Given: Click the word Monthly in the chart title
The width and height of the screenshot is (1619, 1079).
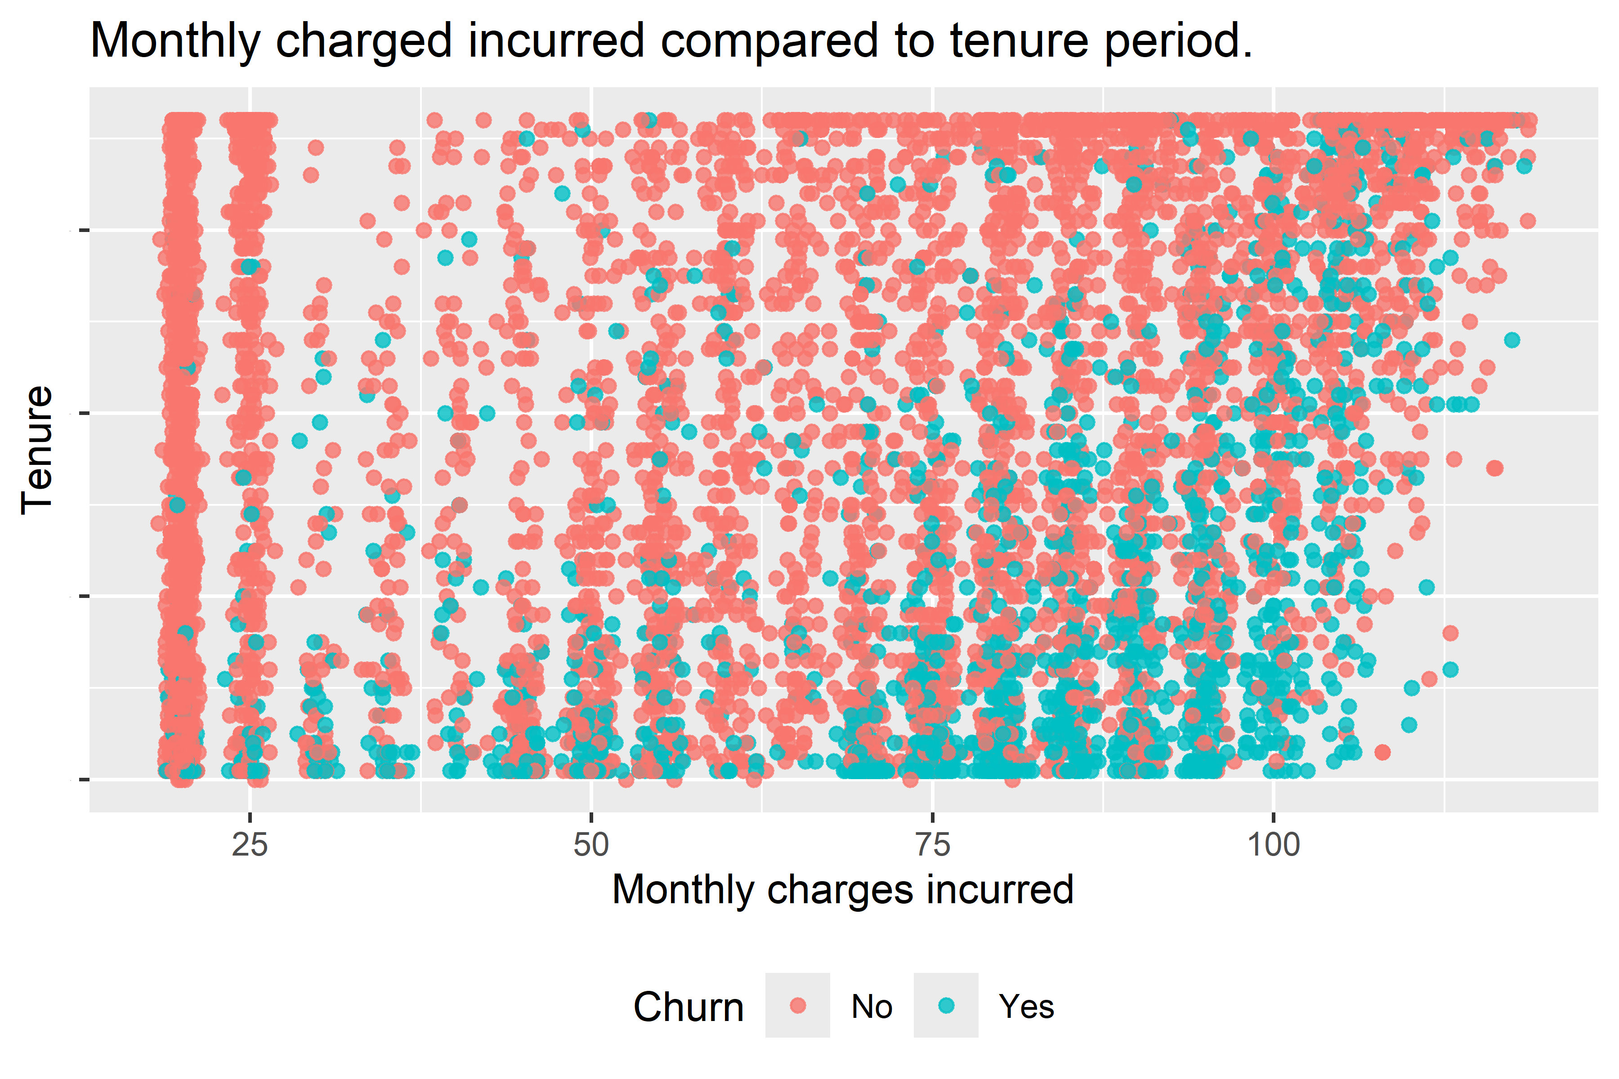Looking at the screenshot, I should coord(175,41).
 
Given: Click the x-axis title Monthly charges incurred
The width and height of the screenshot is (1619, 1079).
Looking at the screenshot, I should coord(842,889).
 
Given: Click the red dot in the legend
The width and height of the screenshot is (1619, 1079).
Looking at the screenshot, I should coord(798,1005).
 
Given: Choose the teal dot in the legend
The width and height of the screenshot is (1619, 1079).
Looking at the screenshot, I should coord(947,1005).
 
